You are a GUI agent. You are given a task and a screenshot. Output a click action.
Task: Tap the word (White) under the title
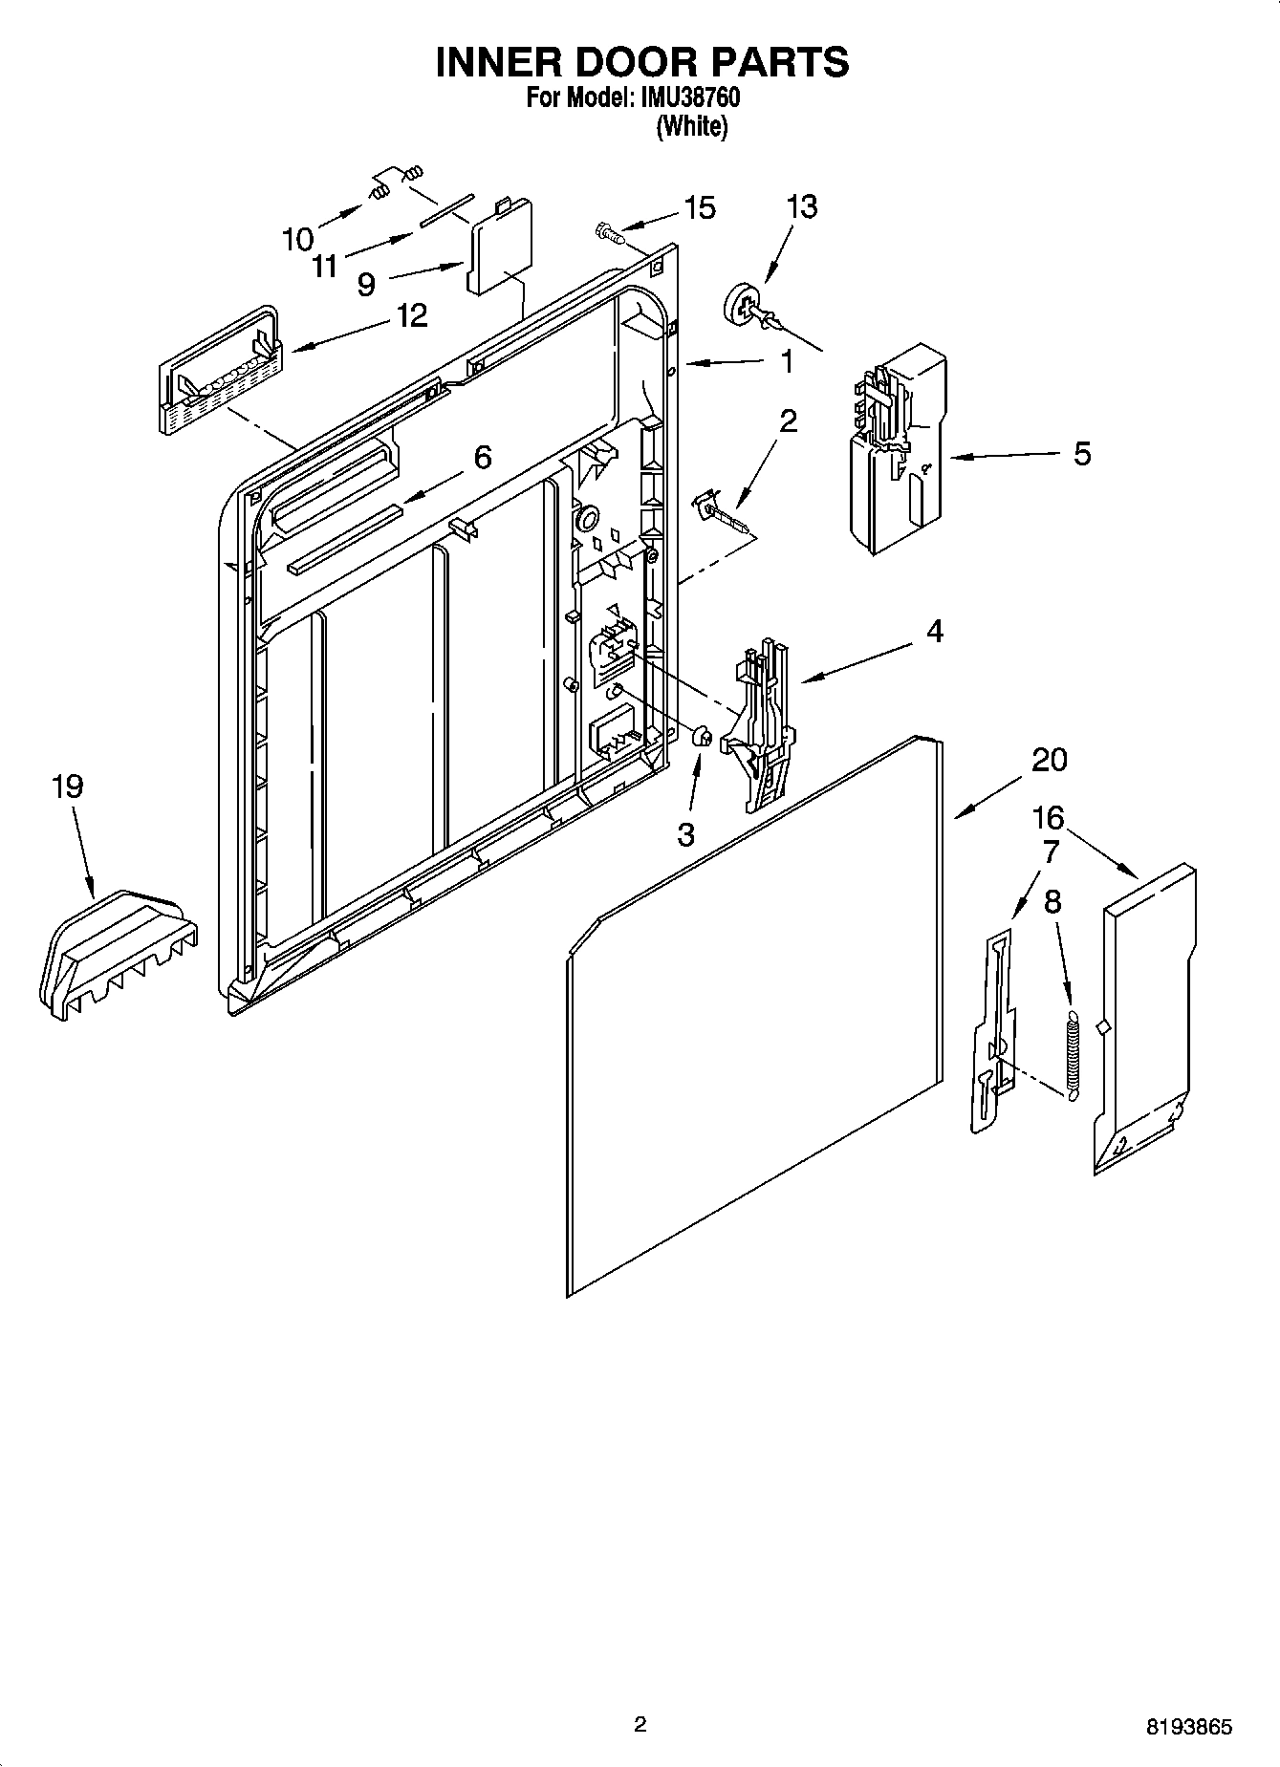tap(691, 127)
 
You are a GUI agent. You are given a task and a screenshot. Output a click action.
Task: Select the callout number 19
tap(67, 787)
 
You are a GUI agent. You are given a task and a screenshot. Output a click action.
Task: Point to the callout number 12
tap(412, 315)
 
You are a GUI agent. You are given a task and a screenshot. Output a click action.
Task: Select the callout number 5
tap(1081, 453)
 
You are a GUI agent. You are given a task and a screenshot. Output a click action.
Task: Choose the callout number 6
tap(483, 458)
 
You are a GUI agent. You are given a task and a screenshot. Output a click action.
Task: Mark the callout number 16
tap(1048, 817)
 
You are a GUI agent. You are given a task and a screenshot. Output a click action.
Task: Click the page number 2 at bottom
tap(640, 1724)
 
